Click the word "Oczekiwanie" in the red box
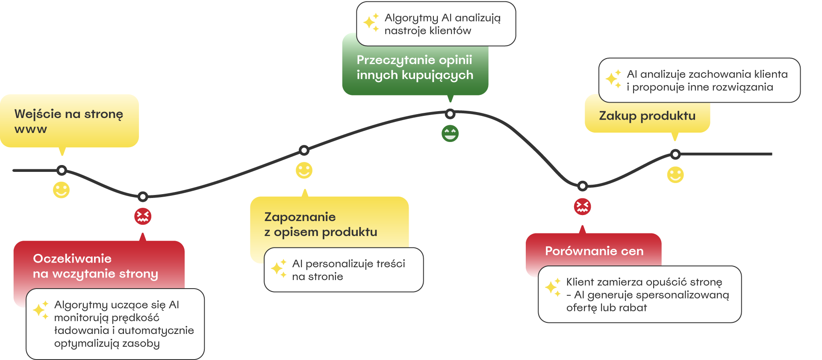point(72,259)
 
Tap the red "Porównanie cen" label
point(594,251)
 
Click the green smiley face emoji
point(450,133)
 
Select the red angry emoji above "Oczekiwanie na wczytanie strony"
point(143,216)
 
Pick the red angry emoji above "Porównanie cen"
point(582,207)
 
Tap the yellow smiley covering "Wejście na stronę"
point(61,190)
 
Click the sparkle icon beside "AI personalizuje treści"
point(279,269)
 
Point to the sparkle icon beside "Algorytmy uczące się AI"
point(41,310)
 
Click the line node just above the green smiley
point(450,114)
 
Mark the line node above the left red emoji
point(143,197)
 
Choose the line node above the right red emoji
point(582,186)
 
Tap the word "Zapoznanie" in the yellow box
point(300,217)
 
